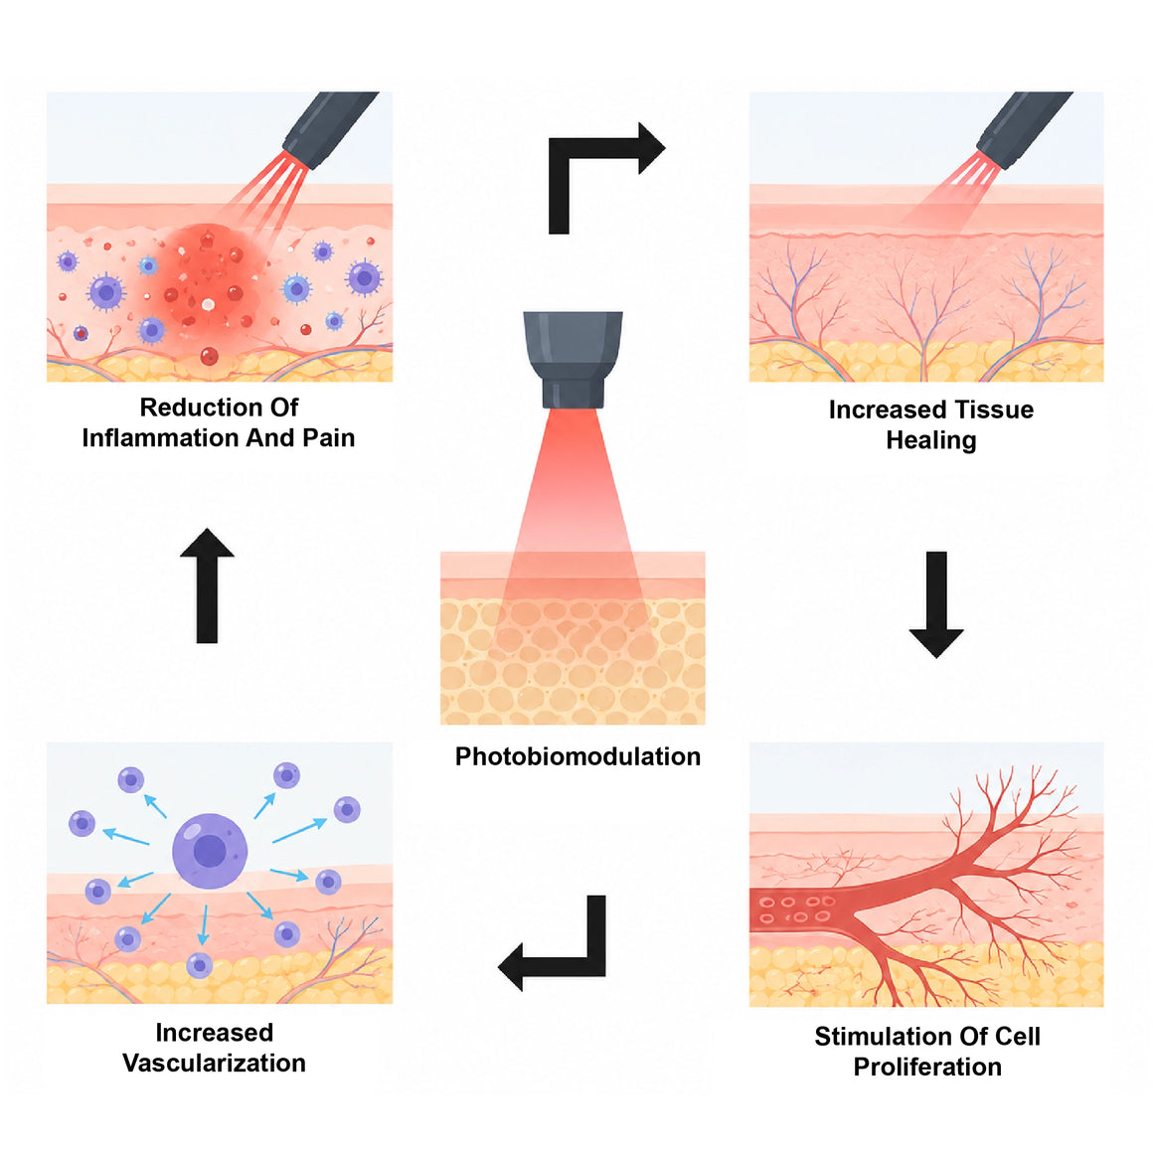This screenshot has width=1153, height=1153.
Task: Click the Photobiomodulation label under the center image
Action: point(577,756)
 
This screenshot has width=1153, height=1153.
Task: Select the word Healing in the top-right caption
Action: point(931,440)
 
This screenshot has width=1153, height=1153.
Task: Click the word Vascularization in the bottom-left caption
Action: point(214,1064)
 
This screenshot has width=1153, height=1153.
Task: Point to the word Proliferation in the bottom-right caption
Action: point(927,1067)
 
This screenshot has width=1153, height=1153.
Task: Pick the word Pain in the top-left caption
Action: point(328,438)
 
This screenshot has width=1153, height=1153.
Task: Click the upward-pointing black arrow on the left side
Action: point(208,586)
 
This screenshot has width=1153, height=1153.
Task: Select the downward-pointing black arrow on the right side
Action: point(936,604)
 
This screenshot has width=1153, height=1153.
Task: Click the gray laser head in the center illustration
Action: point(573,360)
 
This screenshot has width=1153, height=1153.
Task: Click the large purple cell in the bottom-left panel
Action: point(210,851)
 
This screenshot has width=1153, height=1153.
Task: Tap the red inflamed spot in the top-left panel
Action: point(206,290)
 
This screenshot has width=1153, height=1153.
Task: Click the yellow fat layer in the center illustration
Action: point(573,662)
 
